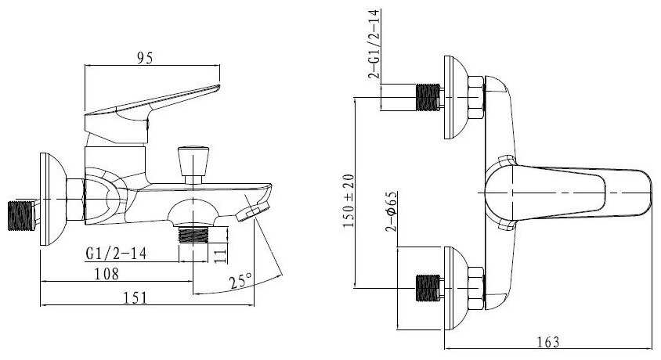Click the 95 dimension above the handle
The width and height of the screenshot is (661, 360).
click(x=145, y=58)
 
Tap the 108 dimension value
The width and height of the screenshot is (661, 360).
click(x=107, y=274)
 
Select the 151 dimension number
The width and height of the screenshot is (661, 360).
click(x=135, y=297)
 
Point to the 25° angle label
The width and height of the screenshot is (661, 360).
click(x=240, y=280)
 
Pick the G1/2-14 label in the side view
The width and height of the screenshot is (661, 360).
click(x=116, y=254)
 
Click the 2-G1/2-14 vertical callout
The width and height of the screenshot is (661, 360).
click(x=374, y=44)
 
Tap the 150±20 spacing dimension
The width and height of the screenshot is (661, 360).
click(x=349, y=201)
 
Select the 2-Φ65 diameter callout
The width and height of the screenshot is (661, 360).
click(x=392, y=211)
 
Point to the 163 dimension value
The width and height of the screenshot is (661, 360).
click(x=548, y=341)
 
